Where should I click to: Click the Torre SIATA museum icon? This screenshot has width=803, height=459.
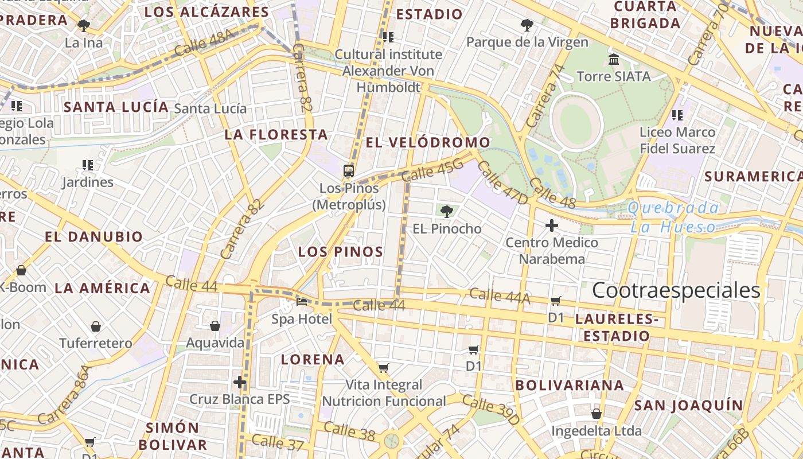tap(613, 60)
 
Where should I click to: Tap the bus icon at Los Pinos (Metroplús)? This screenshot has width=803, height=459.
tap(349, 170)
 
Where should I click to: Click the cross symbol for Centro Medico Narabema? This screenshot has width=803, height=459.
tap(551, 225)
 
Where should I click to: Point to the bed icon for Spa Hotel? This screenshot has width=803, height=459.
tap(302, 301)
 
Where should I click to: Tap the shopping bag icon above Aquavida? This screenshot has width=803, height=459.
tap(215, 326)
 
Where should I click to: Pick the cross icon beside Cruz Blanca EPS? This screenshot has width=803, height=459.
tap(240, 382)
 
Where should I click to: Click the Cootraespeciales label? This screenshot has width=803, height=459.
tap(676, 290)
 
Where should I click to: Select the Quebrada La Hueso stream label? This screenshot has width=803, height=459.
tap(673, 217)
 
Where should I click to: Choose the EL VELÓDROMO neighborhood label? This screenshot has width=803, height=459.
tap(428, 142)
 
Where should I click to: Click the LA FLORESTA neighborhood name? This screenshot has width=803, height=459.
tap(276, 135)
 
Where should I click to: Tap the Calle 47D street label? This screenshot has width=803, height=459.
tap(502, 182)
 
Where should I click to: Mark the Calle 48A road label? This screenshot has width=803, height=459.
tap(205, 43)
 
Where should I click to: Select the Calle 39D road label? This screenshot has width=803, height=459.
tap(490, 410)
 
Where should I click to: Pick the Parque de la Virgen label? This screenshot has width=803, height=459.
tap(527, 42)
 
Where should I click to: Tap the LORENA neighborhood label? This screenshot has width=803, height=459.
tap(313, 360)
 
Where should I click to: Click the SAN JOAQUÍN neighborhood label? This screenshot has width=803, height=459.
tap(688, 406)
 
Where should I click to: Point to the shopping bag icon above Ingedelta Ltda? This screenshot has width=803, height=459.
tap(597, 413)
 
